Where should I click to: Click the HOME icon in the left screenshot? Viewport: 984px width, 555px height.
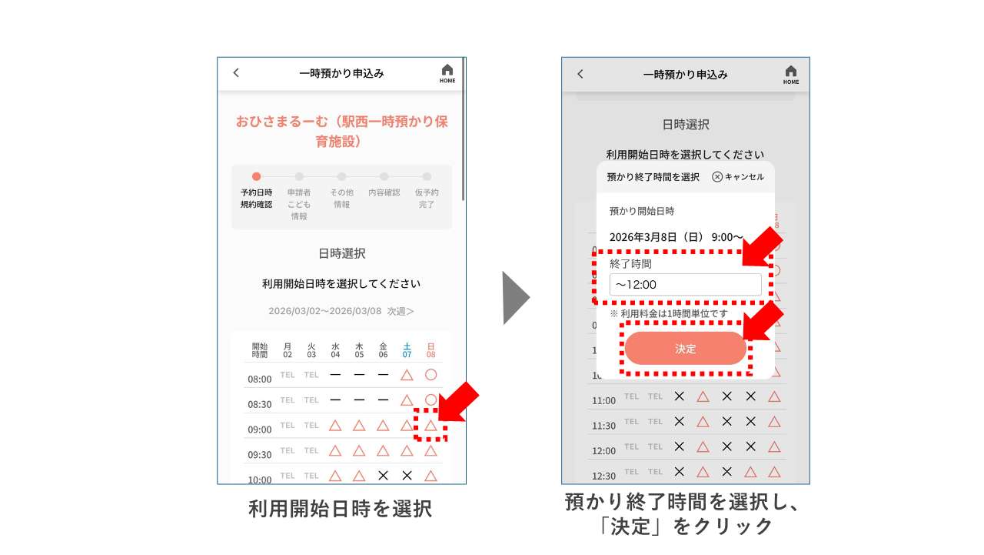[447, 73]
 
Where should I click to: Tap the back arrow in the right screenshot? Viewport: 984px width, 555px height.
[580, 74]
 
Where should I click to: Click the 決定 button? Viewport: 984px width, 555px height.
[685, 349]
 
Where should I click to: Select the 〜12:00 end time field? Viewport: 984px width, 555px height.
[685, 285]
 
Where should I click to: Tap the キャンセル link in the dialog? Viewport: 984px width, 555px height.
[738, 177]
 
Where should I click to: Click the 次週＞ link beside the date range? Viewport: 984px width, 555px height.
[401, 311]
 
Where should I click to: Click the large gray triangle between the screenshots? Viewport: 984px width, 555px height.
[516, 297]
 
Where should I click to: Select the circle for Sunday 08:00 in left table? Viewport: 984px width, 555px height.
[430, 375]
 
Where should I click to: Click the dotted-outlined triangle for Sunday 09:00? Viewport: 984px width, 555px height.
[430, 426]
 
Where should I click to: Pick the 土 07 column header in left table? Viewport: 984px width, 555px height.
[407, 350]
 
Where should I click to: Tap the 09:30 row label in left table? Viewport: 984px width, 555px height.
[260, 455]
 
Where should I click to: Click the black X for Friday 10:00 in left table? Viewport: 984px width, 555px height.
[383, 476]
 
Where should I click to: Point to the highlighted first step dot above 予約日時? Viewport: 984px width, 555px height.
[256, 176]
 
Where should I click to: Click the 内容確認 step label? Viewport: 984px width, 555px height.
[384, 192]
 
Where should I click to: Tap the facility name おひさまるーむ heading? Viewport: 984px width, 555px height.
[341, 131]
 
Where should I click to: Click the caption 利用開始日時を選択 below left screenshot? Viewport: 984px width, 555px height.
[341, 509]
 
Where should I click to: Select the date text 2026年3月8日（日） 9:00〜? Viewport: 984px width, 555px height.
[676, 237]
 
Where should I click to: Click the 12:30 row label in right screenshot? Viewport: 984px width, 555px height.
[603, 475]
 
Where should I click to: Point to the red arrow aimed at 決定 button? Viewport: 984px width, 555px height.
[764, 320]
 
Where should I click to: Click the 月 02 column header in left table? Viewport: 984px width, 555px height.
[288, 350]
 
